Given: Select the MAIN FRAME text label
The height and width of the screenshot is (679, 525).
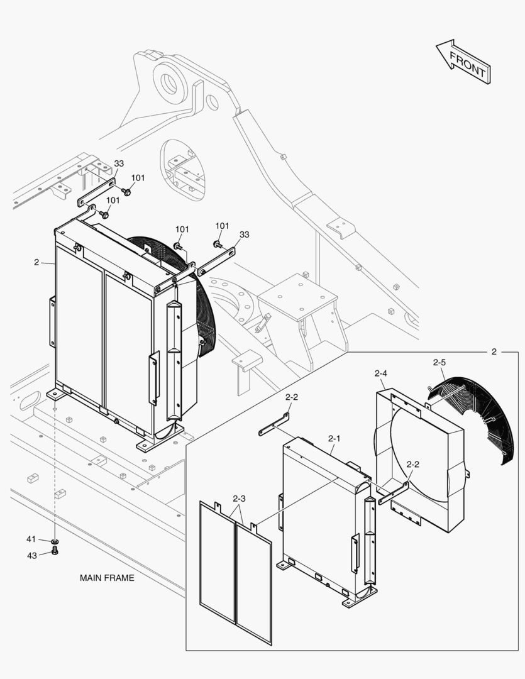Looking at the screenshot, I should click(x=107, y=578).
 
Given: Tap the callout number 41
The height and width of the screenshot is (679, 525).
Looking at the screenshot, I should click(x=31, y=539).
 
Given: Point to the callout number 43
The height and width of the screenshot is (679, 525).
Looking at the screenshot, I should click(x=31, y=555).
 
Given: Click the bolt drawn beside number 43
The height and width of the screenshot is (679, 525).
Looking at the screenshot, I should click(x=55, y=551).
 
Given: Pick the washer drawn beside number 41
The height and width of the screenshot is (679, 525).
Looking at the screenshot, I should click(x=55, y=540).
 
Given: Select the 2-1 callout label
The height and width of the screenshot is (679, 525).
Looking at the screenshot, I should click(x=333, y=438).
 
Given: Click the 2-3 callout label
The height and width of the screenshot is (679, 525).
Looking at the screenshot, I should click(x=239, y=499).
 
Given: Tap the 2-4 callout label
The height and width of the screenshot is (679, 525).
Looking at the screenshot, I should click(x=380, y=373).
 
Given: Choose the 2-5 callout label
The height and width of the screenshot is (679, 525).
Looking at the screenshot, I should click(x=439, y=362).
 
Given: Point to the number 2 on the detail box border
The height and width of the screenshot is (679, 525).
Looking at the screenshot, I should click(x=494, y=351).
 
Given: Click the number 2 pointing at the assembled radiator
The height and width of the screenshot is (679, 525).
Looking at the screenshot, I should click(x=36, y=262).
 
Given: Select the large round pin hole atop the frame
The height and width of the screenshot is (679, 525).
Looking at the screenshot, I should click(x=170, y=81).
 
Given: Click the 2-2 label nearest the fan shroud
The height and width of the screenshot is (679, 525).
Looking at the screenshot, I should click(x=413, y=464).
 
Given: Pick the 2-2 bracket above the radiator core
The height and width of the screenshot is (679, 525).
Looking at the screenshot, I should click(x=275, y=424).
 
